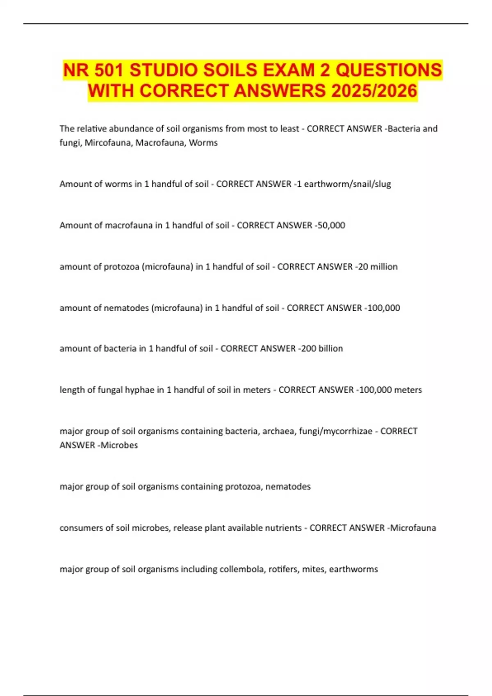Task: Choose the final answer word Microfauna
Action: point(413,528)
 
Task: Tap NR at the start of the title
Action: point(76,70)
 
